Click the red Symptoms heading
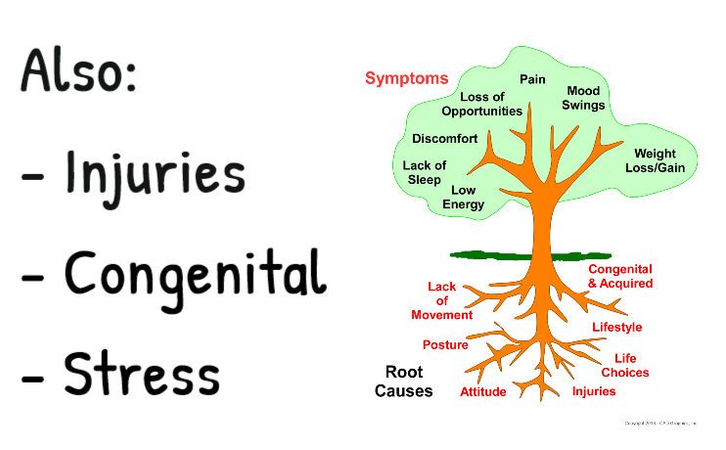[406, 78]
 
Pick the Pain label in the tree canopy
[532, 79]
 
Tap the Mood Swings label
[585, 98]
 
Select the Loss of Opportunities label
[481, 104]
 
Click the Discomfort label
[445, 139]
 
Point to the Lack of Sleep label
[425, 173]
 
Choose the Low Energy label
[463, 197]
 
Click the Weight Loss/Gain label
[655, 160]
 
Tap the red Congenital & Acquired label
[619, 276]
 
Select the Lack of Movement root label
[441, 300]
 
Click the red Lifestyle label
[616, 327]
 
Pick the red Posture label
[445, 344]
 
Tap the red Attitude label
[483, 392]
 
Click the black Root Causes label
[403, 382]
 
